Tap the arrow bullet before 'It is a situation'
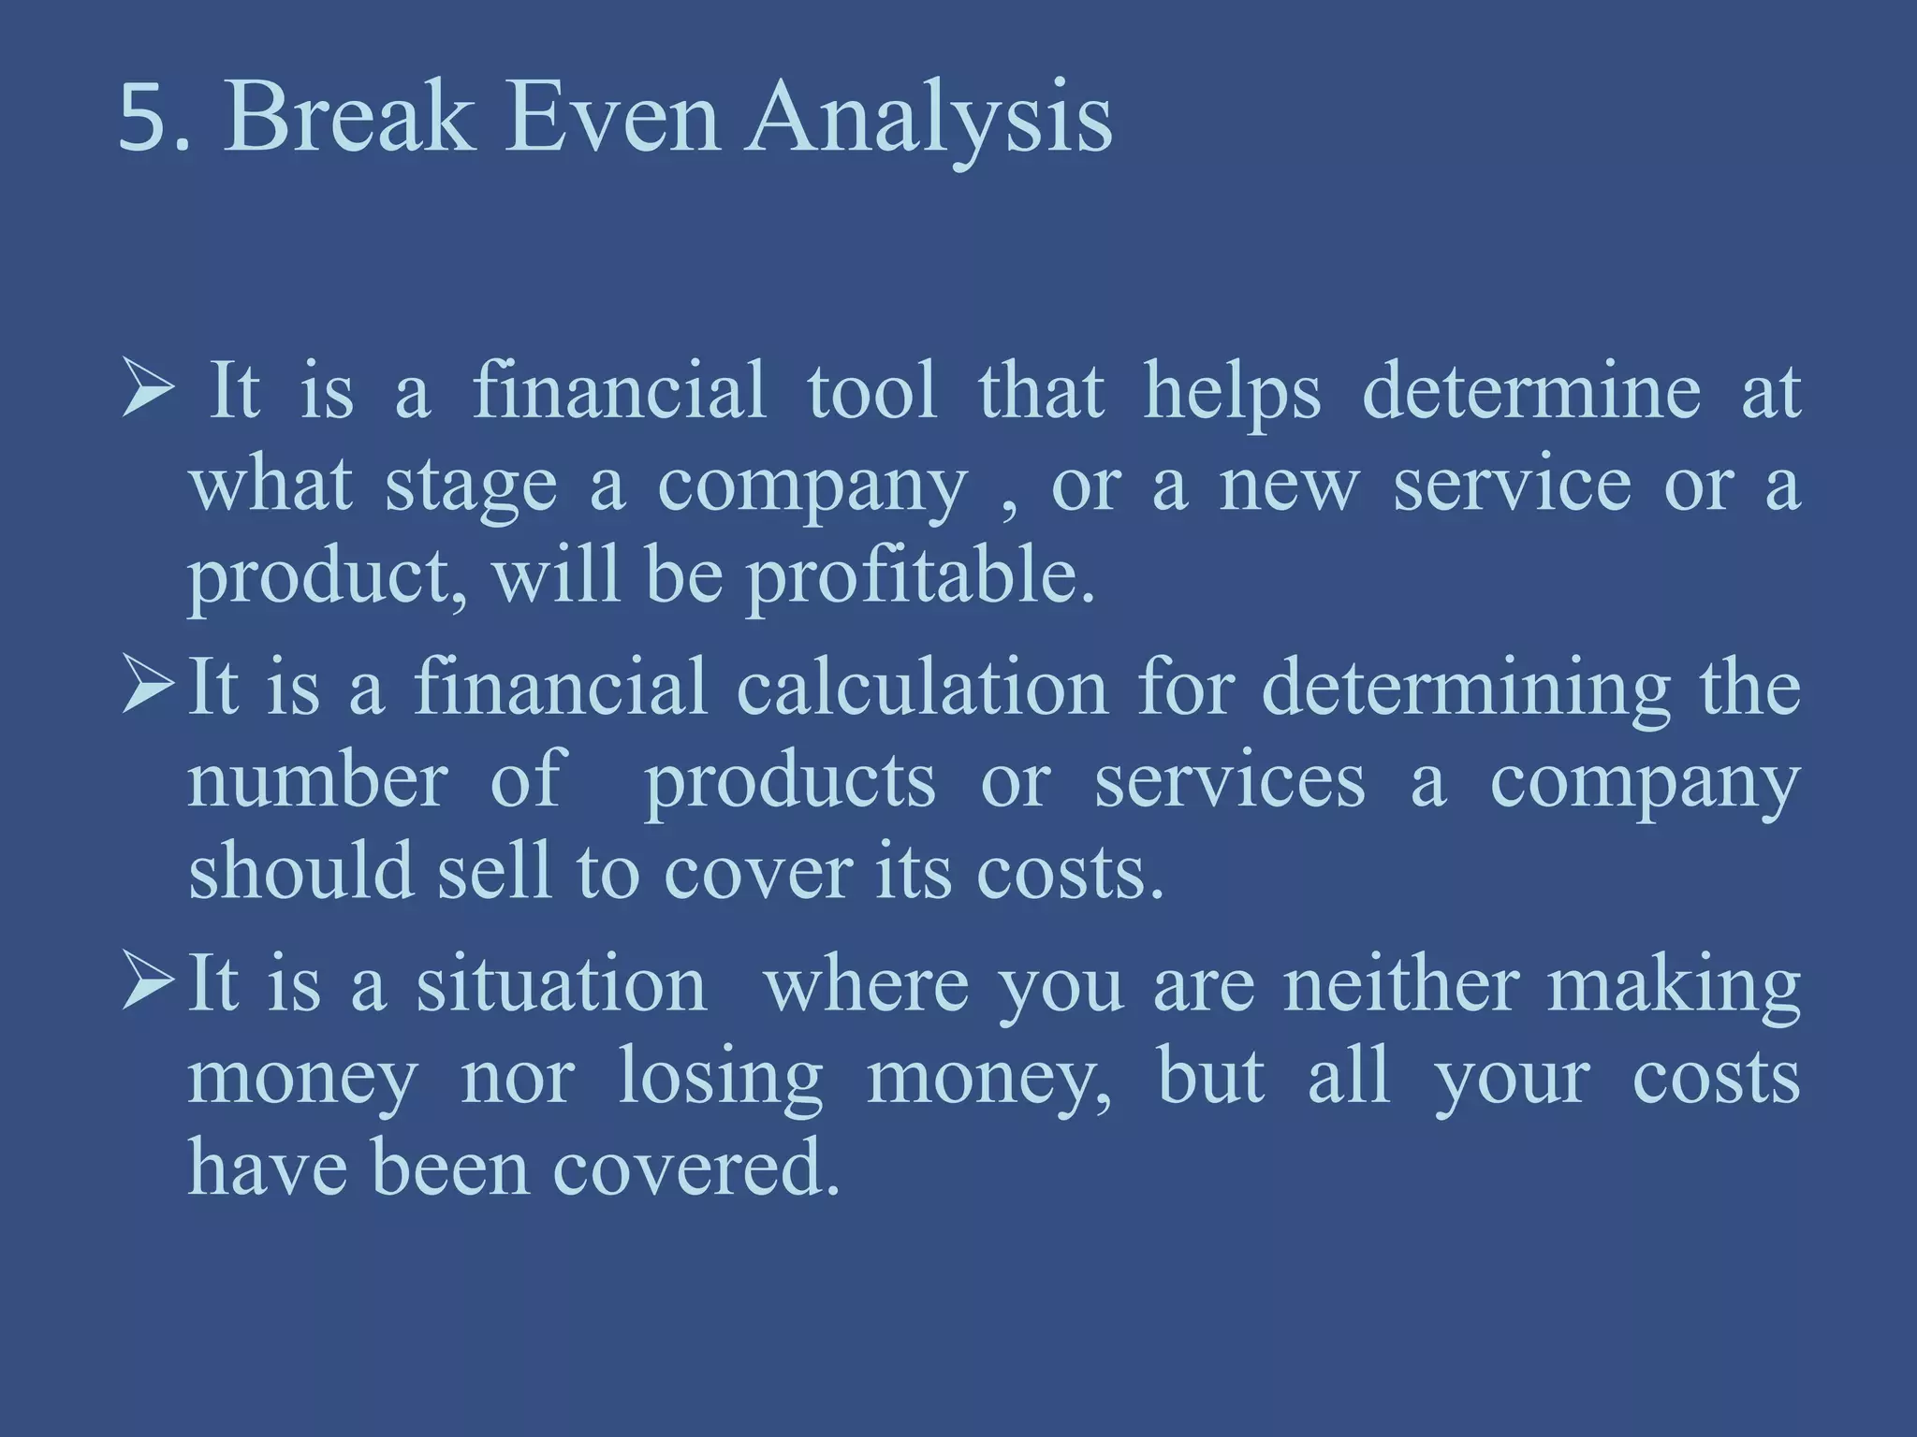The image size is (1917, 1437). click(x=147, y=984)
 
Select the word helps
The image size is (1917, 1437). click(x=1233, y=393)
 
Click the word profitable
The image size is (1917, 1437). click(x=919, y=575)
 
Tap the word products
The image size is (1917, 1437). click(x=789, y=782)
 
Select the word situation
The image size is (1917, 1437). click(x=562, y=984)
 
